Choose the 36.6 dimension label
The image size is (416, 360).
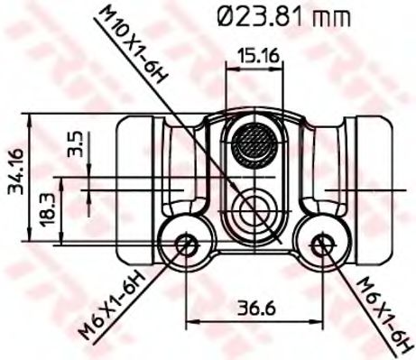[254, 305]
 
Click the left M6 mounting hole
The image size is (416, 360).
[185, 243]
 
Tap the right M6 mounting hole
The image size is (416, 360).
[319, 243]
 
